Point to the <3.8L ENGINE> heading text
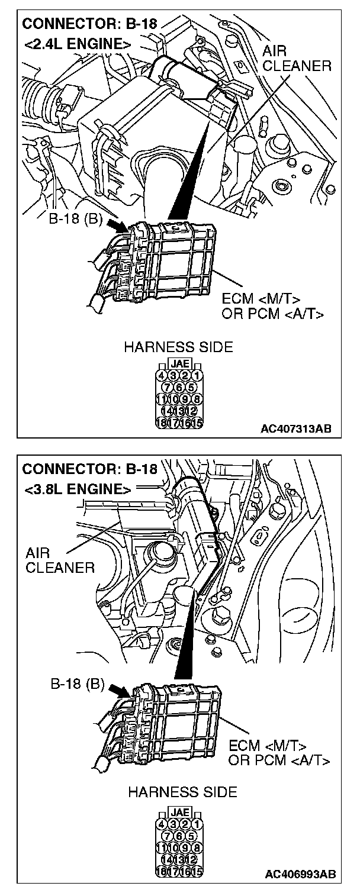[78, 489]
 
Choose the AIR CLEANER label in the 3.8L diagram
[59, 561]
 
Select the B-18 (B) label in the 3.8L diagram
[77, 686]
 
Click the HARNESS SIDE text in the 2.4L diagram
[178, 347]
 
